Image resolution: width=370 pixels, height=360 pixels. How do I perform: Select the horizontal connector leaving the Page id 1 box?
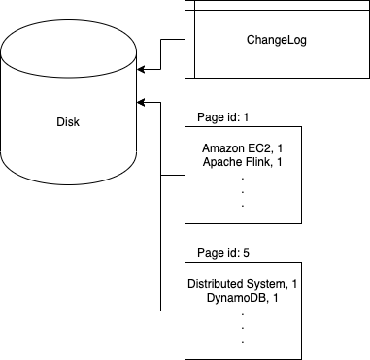(x=172, y=176)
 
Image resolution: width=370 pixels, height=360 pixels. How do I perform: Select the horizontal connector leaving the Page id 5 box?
(x=172, y=311)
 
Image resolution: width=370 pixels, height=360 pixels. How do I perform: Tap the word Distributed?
(x=214, y=283)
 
